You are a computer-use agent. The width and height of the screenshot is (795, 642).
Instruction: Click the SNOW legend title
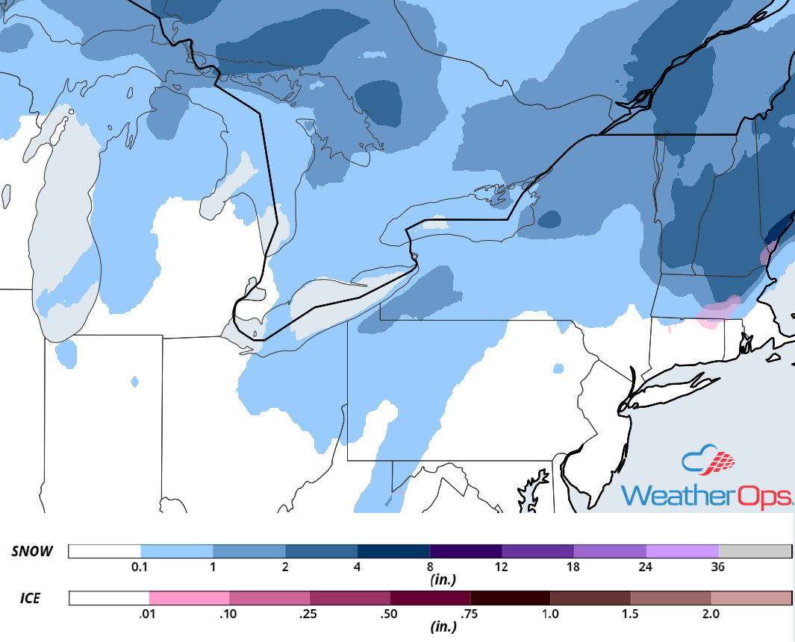pos(33,552)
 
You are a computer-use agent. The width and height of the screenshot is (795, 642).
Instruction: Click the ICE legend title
pos(30,598)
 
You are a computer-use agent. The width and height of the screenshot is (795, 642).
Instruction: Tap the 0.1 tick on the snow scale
pos(140,566)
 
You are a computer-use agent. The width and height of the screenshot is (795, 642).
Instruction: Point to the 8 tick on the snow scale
pos(429,566)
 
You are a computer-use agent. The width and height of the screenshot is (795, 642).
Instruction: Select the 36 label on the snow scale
pos(718,566)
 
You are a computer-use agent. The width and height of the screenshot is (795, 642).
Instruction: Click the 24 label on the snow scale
pos(646,566)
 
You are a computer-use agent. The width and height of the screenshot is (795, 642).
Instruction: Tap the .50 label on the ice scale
pos(390,614)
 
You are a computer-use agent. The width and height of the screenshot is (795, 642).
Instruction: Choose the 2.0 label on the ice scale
pos(711,614)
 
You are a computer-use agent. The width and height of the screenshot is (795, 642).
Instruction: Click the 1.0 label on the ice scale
pos(550,614)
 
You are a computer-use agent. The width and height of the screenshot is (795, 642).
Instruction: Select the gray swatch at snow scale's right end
pos(755,552)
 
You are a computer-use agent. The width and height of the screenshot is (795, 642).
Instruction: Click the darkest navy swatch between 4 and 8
pos(393,552)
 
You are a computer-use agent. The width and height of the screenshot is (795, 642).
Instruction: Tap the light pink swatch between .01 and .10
pos(189,598)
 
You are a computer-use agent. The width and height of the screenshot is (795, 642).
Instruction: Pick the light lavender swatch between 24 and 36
pos(682,552)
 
